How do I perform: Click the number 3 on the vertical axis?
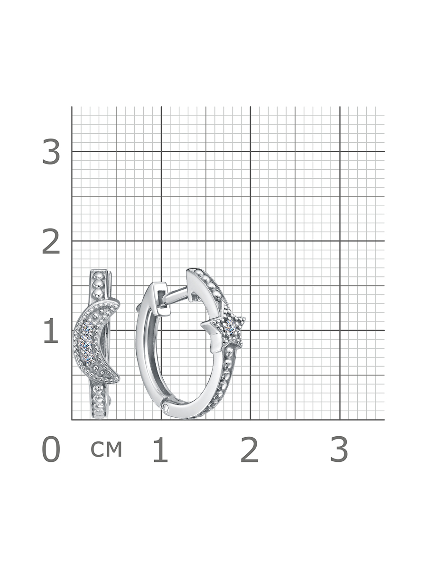[51, 152]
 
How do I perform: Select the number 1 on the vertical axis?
[51, 330]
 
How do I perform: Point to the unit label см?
[106, 450]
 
